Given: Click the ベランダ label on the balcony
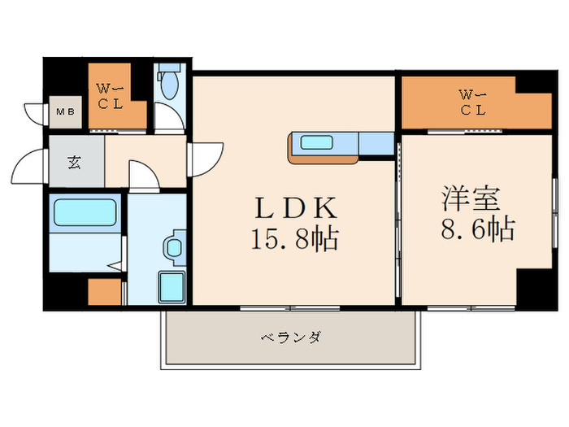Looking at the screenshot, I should coord(290,336).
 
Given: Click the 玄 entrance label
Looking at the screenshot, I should coord(74,160).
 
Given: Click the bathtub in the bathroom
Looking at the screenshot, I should coord(85,214).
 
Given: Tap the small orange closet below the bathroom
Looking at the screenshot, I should coord(103,291).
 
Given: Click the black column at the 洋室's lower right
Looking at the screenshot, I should coord(532,288).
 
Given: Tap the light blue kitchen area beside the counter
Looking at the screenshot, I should coord(376,143).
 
